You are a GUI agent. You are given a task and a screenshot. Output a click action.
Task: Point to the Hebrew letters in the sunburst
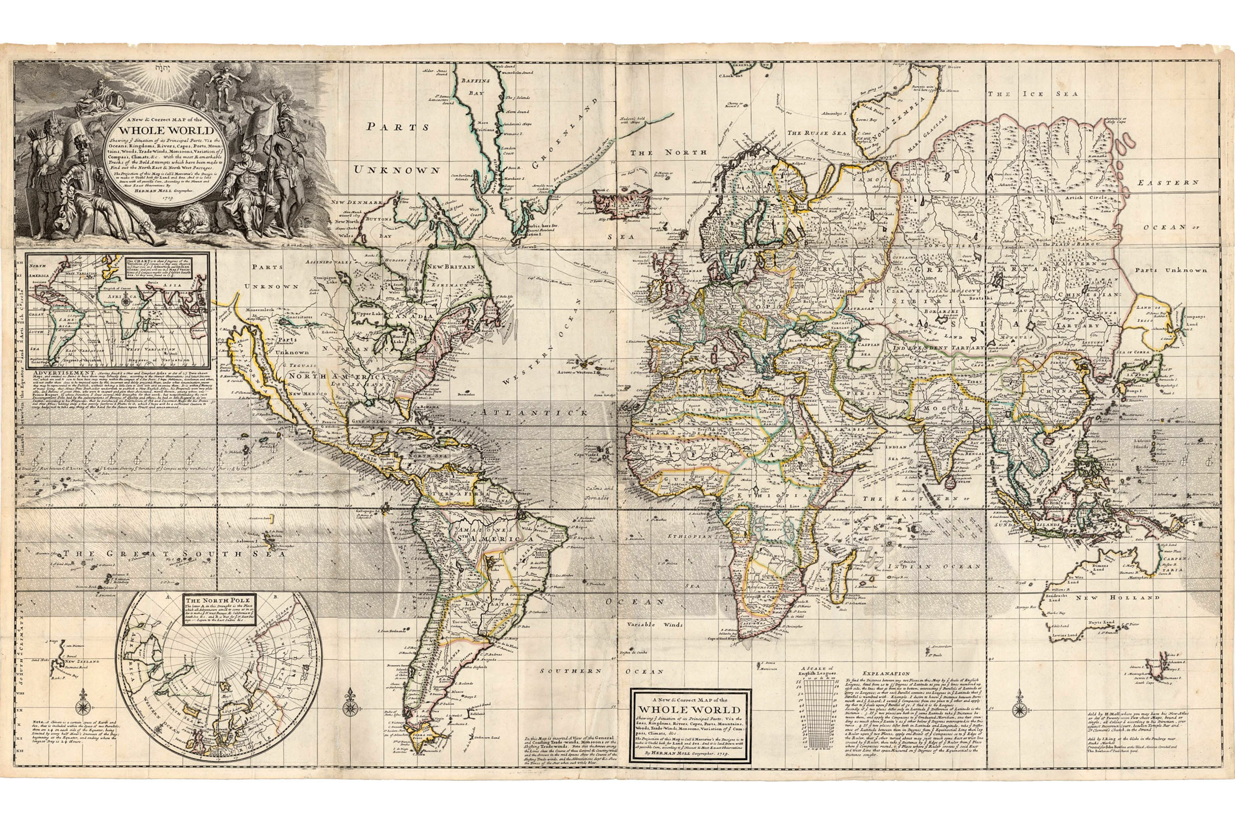(x=160, y=68)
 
